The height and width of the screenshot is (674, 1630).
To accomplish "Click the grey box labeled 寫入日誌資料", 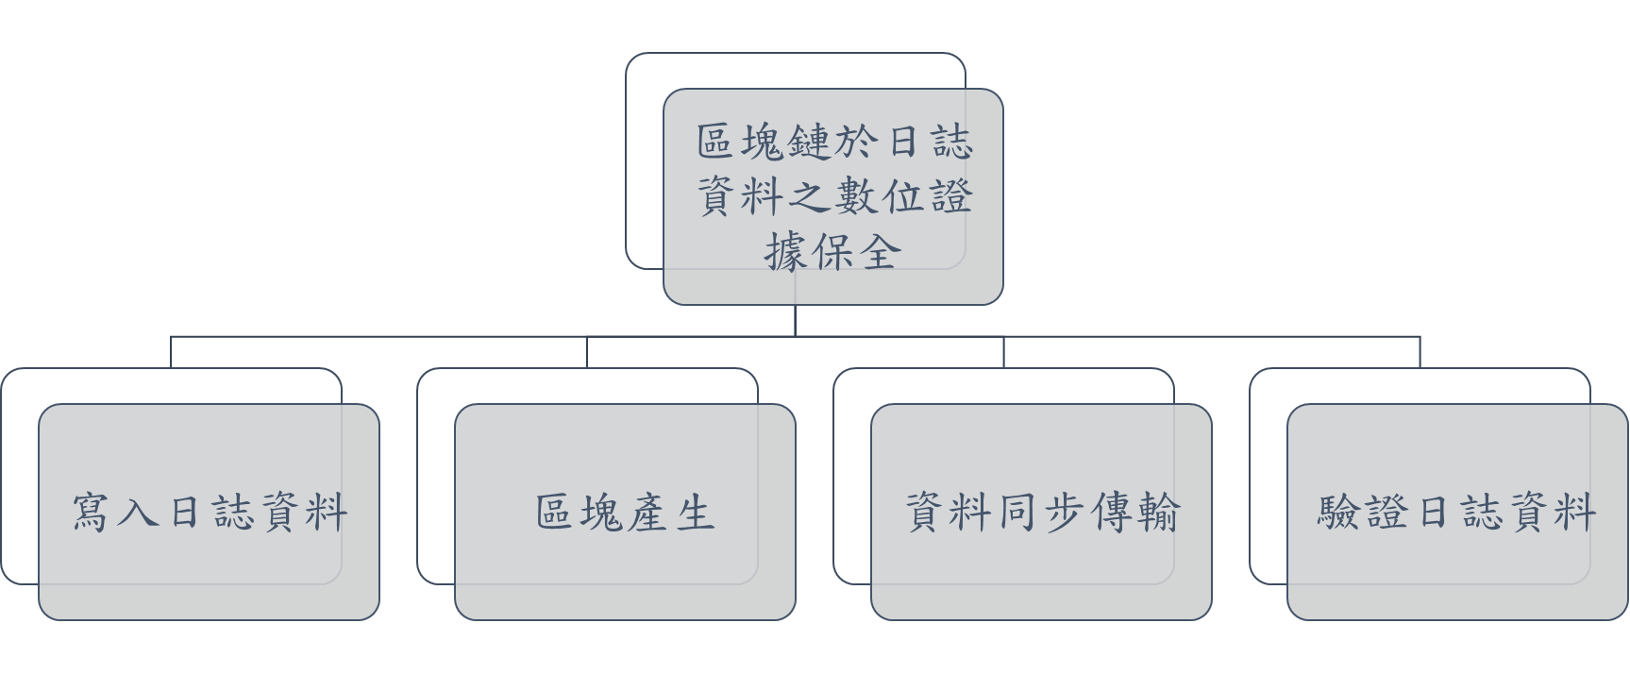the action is [x=209, y=512].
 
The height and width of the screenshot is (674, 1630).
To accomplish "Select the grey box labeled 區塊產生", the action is [x=625, y=512].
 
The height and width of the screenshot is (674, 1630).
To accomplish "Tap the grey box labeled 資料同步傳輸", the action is [x=1041, y=512].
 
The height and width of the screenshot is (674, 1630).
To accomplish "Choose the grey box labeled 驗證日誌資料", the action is [x=1457, y=512].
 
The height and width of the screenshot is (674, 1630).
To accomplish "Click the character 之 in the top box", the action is [x=811, y=197].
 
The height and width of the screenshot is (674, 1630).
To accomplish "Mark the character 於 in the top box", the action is [x=858, y=143].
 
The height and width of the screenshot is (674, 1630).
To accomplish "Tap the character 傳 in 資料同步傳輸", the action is [x=1112, y=513].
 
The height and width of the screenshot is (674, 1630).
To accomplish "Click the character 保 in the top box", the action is [x=833, y=252].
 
